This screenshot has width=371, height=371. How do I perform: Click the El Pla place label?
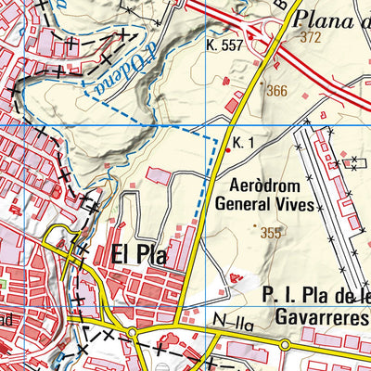pos(139,255)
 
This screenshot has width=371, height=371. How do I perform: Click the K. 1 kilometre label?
pos(244,142)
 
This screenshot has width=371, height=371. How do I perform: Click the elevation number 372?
pos(311,37)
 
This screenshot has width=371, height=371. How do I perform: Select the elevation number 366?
pos(276,91)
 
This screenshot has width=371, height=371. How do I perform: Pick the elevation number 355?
pos(271,233)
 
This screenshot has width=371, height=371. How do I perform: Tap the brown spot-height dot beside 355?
pos(255,224)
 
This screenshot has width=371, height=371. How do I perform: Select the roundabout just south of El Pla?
pos(132,332)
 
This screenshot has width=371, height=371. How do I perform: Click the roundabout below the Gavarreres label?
pos(283,344)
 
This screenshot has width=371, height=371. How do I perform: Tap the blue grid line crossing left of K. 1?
pos(139,125)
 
